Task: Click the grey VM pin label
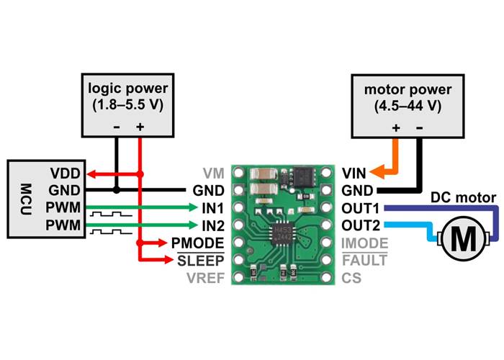click(x=213, y=174)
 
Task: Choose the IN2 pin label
click(x=211, y=225)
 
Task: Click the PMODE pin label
click(x=197, y=243)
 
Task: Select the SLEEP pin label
click(x=201, y=260)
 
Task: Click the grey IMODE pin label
click(x=364, y=243)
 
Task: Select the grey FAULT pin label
click(x=364, y=260)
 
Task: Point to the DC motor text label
click(x=463, y=197)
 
